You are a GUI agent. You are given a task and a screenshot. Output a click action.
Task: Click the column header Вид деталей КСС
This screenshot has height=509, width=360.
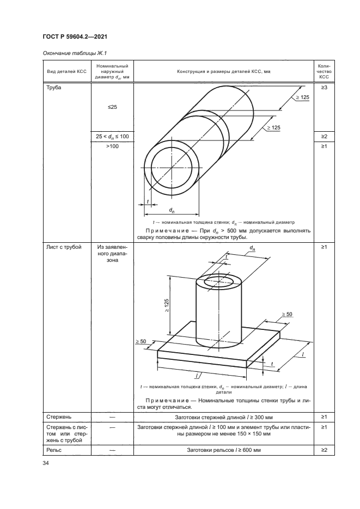point(66,72)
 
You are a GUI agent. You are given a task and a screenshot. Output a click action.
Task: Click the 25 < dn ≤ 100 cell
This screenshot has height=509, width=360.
point(112,136)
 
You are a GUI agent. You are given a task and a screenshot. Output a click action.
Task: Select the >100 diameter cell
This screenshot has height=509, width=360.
point(112,146)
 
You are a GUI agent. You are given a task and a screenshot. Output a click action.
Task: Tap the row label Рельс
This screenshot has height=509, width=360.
point(51,450)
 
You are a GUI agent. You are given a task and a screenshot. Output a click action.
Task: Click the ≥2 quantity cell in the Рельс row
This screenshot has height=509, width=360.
point(323,450)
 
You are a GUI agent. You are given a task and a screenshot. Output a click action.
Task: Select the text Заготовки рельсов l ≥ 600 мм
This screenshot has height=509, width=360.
point(223,450)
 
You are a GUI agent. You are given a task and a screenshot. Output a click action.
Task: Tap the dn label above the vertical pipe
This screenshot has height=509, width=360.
point(252,248)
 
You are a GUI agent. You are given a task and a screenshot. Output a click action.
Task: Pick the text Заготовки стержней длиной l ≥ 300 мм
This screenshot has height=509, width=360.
point(223,416)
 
